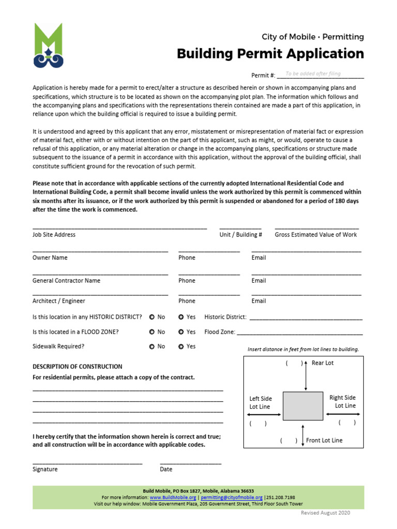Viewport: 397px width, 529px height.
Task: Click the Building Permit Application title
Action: coord(270,54)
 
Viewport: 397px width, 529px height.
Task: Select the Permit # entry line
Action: coord(320,75)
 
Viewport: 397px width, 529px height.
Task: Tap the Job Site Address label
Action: coord(54,235)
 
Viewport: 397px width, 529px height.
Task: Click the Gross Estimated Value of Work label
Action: coord(316,235)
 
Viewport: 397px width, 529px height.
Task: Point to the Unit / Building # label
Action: coord(241,235)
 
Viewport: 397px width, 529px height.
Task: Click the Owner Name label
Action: coord(50,258)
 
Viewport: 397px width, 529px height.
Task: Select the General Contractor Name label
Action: coord(66,281)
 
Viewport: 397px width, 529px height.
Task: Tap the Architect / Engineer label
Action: coord(58,301)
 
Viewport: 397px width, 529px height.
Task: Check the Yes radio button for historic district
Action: coord(181,317)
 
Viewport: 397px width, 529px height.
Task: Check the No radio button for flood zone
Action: coord(152,332)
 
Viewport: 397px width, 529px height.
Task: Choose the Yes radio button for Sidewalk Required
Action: coord(181,347)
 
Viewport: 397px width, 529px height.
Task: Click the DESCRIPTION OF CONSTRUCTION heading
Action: coord(78,366)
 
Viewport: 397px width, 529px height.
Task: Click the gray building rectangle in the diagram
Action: coord(302,406)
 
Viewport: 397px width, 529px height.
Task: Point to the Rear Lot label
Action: coord(323,363)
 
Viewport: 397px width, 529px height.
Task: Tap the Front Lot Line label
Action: coord(324,441)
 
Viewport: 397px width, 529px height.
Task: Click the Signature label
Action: coord(45,469)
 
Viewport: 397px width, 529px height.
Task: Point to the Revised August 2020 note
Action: coord(326,512)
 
